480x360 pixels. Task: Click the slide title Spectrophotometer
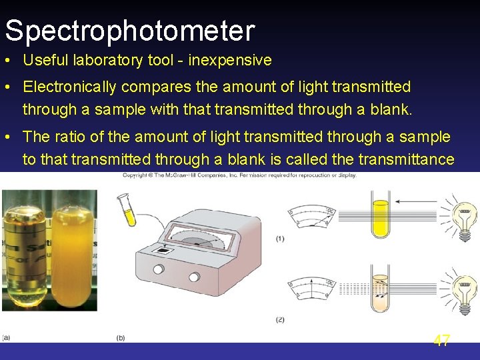tap(130, 31)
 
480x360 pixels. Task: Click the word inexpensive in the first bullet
tap(230, 60)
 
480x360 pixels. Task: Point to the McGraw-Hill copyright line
tap(239, 175)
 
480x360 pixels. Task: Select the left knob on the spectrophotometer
tap(159, 269)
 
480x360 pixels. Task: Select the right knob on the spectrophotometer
tap(194, 276)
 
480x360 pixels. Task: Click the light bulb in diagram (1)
tap(465, 219)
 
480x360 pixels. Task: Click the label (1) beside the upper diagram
tap(280, 239)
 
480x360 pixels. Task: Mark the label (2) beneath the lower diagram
tap(280, 320)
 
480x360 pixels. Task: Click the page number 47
tap(441, 341)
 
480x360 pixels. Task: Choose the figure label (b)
tap(121, 338)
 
